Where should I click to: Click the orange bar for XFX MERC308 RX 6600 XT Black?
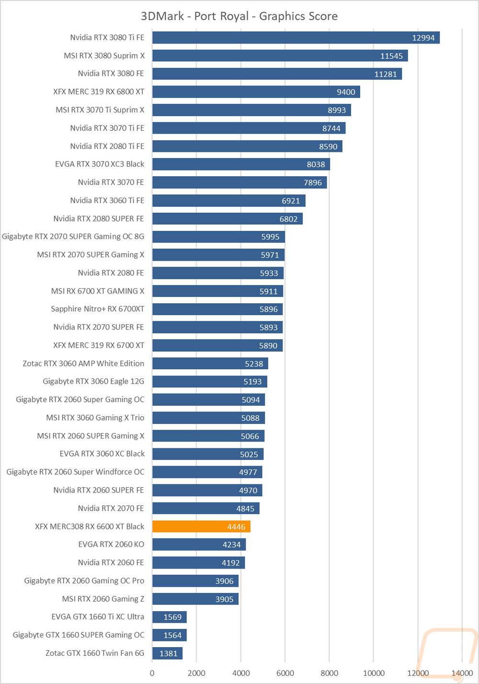pyautogui.click(x=201, y=526)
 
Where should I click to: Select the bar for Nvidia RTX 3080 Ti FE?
pyautogui.click(x=296, y=37)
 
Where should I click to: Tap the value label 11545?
pyautogui.click(x=391, y=56)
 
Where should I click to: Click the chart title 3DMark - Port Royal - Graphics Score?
pyautogui.click(x=239, y=16)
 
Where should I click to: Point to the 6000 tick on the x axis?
pyautogui.click(x=285, y=673)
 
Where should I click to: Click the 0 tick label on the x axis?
pyautogui.click(x=152, y=673)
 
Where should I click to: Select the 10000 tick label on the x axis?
pyautogui.click(x=373, y=673)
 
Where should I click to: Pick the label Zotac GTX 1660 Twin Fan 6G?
pyautogui.click(x=95, y=653)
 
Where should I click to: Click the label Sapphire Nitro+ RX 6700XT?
pyautogui.click(x=97, y=309)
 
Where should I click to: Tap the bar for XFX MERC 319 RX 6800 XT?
pyautogui.click(x=256, y=92)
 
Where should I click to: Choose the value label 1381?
pyautogui.click(x=168, y=653)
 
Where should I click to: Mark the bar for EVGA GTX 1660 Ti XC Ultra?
pyautogui.click(x=170, y=617)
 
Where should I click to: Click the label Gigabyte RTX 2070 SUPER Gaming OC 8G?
pyautogui.click(x=73, y=237)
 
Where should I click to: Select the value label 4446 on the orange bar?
pyautogui.click(x=236, y=527)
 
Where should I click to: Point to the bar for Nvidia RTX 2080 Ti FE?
pyautogui.click(x=247, y=146)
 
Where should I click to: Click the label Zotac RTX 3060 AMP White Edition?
pyautogui.click(x=83, y=364)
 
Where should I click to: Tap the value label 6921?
pyautogui.click(x=291, y=201)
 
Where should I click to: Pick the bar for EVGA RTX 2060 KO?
pyautogui.click(x=199, y=545)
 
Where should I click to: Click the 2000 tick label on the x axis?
pyautogui.click(x=196, y=673)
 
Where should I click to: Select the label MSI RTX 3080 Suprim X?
pyautogui.click(x=104, y=56)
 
